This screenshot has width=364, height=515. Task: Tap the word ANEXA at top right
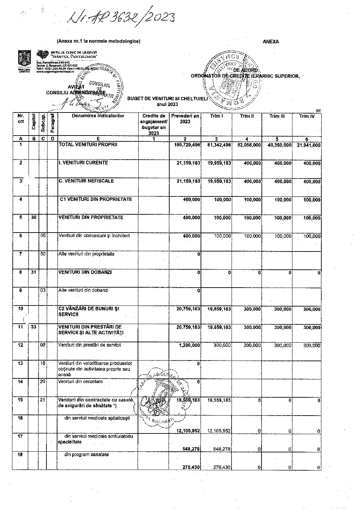[x=271, y=42]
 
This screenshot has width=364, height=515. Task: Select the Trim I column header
[x=217, y=116]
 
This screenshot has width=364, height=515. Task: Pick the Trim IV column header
[x=306, y=116]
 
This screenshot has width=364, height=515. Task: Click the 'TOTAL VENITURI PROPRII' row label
[x=88, y=145]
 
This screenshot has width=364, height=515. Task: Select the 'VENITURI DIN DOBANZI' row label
[x=85, y=272]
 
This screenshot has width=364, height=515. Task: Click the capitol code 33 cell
[x=33, y=327]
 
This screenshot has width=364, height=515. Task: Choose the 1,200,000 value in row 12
[x=190, y=345]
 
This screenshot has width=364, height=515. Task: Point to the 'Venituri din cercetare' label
[x=81, y=382]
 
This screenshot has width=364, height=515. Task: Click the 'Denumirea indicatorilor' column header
[x=98, y=116]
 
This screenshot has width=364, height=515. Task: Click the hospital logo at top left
[x=42, y=55]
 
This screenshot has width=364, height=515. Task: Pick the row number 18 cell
[x=21, y=454]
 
